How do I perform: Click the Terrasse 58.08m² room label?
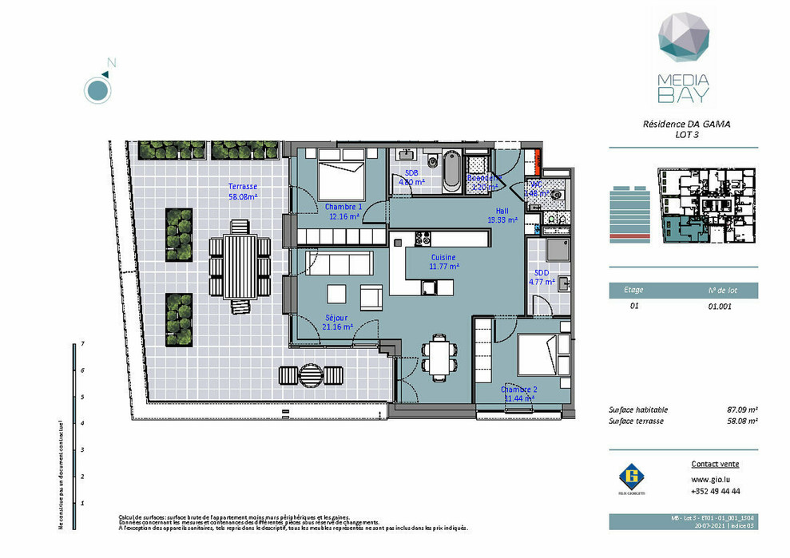(243, 191)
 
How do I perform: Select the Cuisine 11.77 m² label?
(443, 262)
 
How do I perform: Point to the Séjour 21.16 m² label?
(337, 322)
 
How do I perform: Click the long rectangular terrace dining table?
(240, 261)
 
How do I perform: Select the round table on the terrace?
(310, 374)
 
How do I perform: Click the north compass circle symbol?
(97, 90)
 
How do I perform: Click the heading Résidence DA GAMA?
(686, 125)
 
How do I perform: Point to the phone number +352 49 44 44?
(715, 491)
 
